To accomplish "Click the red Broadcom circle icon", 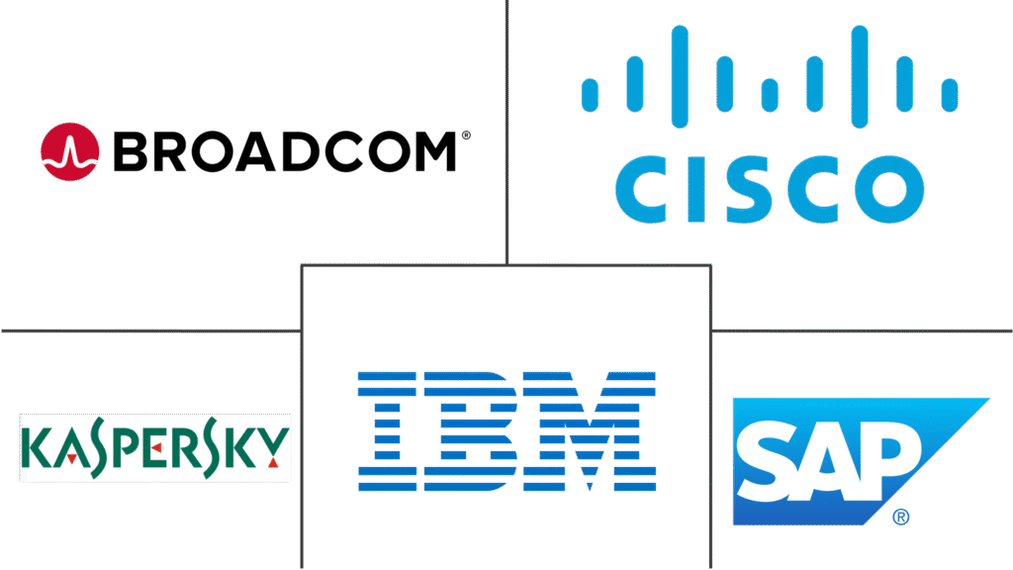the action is (x=70, y=151).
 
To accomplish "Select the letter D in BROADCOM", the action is (x=301, y=151).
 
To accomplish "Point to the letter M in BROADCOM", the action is (x=433, y=151).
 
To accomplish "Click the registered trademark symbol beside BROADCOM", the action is (x=466, y=136).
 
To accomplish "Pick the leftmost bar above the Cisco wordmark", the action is (x=590, y=95).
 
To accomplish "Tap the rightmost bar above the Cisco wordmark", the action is (x=949, y=95).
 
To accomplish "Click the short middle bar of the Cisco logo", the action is (x=770, y=95).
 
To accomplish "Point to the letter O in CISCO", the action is (x=889, y=189).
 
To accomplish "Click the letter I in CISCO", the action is (x=695, y=189).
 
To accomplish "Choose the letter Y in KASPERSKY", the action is (x=273, y=446).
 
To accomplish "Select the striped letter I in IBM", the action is (x=387, y=431).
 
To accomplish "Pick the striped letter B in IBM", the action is (x=470, y=431).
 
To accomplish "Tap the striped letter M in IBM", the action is (x=590, y=431).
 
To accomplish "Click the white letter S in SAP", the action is (x=769, y=460).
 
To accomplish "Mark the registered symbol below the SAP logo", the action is (x=900, y=517).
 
